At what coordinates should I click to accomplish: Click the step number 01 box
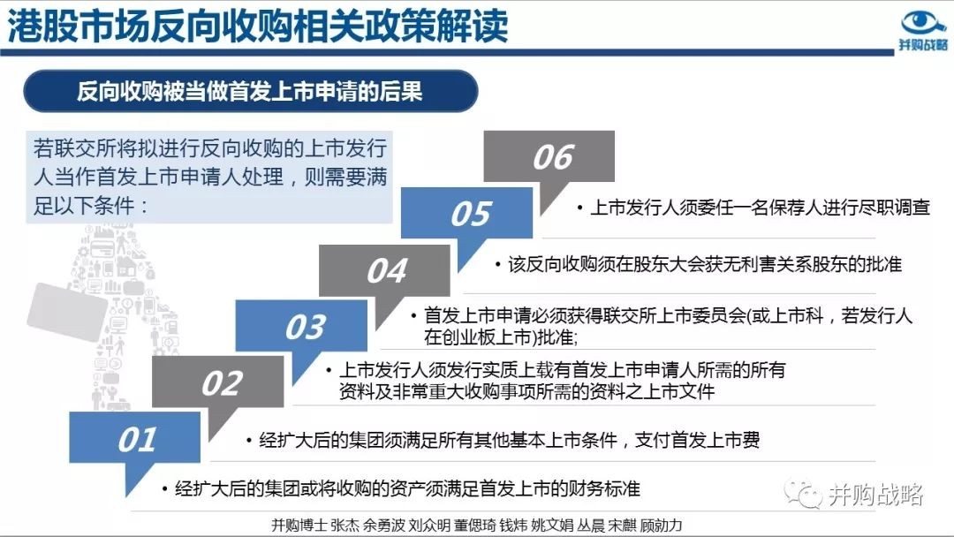pyautogui.click(x=134, y=437)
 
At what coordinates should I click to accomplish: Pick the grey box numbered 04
pyautogui.click(x=384, y=270)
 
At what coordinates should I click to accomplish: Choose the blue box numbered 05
pyautogui.click(x=466, y=213)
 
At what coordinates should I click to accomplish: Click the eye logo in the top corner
pyautogui.click(x=924, y=22)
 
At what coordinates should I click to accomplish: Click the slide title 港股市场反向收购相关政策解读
pyautogui.click(x=257, y=26)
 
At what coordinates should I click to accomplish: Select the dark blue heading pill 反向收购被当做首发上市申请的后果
pyautogui.click(x=251, y=91)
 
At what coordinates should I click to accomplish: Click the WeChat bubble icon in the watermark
pyautogui.click(x=803, y=494)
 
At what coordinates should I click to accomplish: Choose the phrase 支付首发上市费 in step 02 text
pyautogui.click(x=697, y=440)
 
